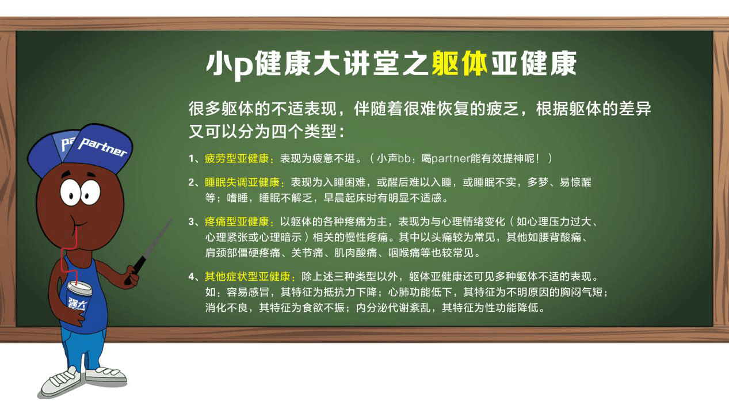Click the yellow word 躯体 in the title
459,64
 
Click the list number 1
191,158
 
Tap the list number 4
191,277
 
